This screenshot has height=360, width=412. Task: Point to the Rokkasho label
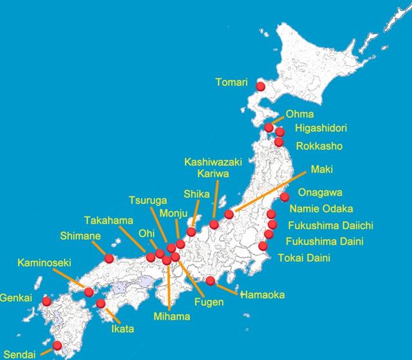(319, 146)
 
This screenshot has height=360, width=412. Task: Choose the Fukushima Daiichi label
(331, 226)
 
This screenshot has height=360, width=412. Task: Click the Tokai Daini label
(304, 259)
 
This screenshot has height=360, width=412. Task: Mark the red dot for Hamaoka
(210, 281)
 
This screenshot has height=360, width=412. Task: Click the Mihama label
(172, 317)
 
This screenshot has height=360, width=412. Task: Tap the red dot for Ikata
(100, 304)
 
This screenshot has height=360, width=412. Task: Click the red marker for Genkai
(46, 301)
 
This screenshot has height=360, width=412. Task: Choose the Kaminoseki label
(44, 263)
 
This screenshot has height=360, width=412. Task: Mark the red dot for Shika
(191, 231)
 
